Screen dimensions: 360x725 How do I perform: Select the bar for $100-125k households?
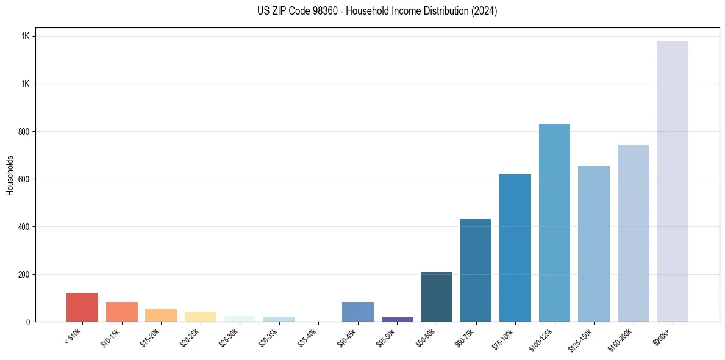click(x=554, y=223)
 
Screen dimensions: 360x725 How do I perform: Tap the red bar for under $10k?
click(x=82, y=307)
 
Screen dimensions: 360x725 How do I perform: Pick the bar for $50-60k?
click(x=437, y=297)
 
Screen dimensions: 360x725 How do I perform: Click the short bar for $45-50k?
click(x=397, y=319)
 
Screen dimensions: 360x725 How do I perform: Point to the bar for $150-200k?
click(x=633, y=233)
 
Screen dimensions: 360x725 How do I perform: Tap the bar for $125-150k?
click(x=594, y=243)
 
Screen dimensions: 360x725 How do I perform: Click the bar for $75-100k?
click(x=515, y=248)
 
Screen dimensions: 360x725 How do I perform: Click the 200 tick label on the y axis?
click(x=24, y=274)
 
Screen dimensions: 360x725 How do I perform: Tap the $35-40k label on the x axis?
click(x=308, y=337)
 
